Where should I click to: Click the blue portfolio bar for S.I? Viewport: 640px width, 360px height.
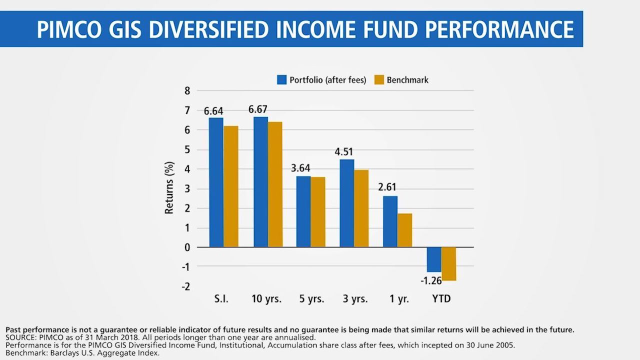[x=216, y=182]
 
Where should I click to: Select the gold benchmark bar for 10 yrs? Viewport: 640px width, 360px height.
[x=275, y=184]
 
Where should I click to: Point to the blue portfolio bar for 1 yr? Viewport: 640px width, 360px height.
[x=390, y=221]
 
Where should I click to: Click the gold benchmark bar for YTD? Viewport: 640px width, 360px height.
[x=448, y=263]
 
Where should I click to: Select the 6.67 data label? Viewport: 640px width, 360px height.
[x=258, y=109]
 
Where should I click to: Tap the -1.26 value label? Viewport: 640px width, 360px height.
[x=431, y=280]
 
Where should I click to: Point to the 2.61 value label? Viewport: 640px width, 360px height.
[x=387, y=187]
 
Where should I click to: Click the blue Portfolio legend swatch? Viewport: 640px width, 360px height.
[x=282, y=79]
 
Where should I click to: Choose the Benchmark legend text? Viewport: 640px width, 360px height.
[x=407, y=80]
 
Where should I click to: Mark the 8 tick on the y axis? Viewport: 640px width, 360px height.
[x=187, y=91]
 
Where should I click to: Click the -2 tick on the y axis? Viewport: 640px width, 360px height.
[x=185, y=286]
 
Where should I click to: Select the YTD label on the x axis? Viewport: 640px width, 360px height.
[x=441, y=299]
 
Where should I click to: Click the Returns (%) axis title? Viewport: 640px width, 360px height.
[x=169, y=187]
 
